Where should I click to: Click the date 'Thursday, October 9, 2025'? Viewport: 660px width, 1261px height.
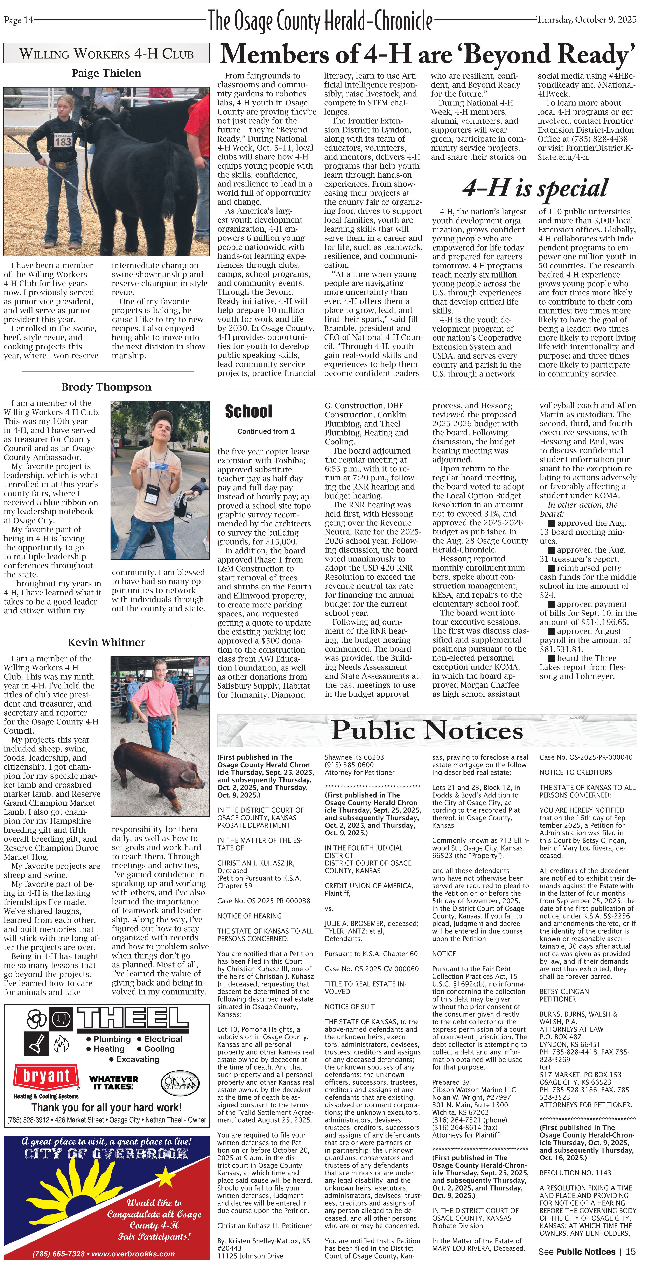pos(586,20)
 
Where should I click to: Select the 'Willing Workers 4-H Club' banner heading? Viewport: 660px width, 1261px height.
pos(106,53)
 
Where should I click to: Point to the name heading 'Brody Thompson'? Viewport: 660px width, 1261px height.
pos(106,387)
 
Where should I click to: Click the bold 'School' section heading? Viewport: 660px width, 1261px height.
pos(248,411)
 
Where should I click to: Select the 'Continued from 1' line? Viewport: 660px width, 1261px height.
pos(266,431)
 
